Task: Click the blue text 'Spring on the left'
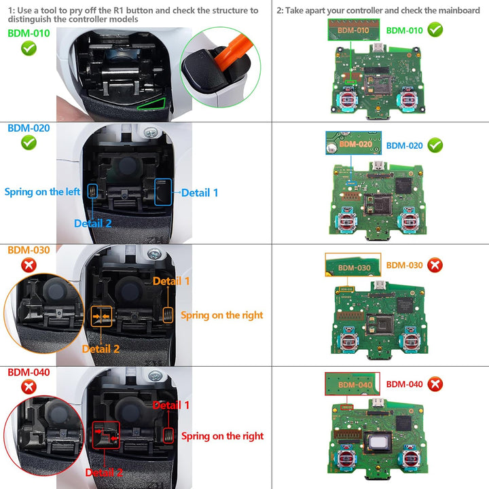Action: coord(42,192)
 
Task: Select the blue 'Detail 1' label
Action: coord(200,193)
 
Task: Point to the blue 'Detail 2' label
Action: coord(92,223)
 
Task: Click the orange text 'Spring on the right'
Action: coord(221,315)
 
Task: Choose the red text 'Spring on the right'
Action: coord(222,436)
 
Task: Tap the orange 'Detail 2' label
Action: coord(101,349)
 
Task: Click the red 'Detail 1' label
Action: coord(171,405)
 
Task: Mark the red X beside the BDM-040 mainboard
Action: coord(435,384)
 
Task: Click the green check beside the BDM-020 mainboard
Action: coord(435,145)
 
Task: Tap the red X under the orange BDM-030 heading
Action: coord(29,265)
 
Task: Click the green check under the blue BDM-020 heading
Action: coord(29,143)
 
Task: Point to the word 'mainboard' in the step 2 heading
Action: coord(454,11)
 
